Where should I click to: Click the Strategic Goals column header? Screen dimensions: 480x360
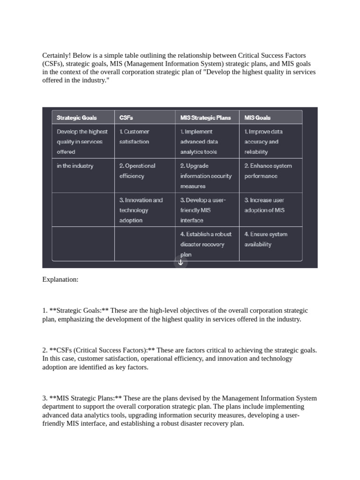pyautogui.click(x=76, y=118)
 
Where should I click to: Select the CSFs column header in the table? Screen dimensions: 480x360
pyautogui.click(x=126, y=118)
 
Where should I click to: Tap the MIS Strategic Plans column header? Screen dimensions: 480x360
pyautogui.click(x=205, y=118)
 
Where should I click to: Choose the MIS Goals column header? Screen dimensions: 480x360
pyautogui.click(x=257, y=118)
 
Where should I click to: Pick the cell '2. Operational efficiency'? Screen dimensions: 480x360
pyautogui.click(x=137, y=171)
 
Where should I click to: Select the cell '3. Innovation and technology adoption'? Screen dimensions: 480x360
pyautogui.click(x=141, y=210)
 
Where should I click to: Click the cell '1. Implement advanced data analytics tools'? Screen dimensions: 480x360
pyautogui.click(x=199, y=142)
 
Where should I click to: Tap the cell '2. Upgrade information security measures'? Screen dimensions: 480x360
pyautogui.click(x=205, y=176)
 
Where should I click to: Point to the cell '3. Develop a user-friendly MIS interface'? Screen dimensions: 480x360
pyautogui.click(x=202, y=210)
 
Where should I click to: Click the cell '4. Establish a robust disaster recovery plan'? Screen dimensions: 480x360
pyautogui.click(x=205, y=244)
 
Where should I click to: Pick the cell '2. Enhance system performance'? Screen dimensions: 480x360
pyautogui.click(x=268, y=171)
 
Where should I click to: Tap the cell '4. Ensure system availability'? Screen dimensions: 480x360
pyautogui.click(x=265, y=239)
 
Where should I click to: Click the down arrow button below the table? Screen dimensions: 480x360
pyautogui.click(x=180, y=262)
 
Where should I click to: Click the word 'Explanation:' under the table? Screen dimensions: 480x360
pyautogui.click(x=60, y=280)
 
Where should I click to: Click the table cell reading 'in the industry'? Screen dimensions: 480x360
pyautogui.click(x=75, y=166)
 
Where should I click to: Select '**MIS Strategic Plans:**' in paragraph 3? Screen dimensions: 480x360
pyautogui.click(x=82, y=398)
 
